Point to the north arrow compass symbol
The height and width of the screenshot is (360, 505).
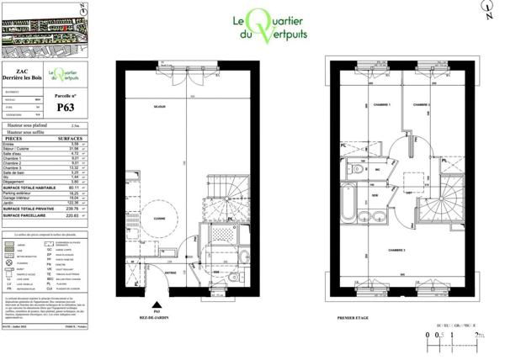pyautogui.click(x=486, y=9)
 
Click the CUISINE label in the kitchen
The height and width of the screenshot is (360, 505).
pyautogui.click(x=158, y=218)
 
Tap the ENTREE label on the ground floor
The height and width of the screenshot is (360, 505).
pyautogui.click(x=172, y=273)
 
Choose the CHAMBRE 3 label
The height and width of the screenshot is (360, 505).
pyautogui.click(x=396, y=251)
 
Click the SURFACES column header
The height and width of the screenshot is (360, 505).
pyautogui.click(x=71, y=136)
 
